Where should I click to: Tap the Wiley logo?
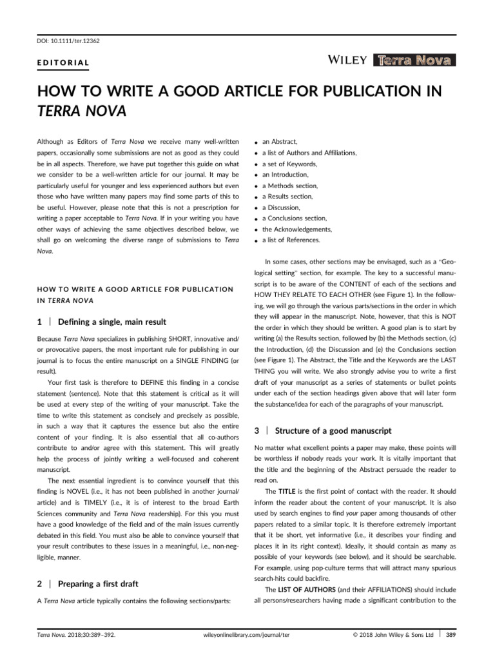click(x=348, y=61)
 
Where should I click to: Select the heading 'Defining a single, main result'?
click(x=112, y=322)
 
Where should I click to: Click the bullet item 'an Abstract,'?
click(x=280, y=141)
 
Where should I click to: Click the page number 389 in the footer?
click(x=450, y=634)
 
